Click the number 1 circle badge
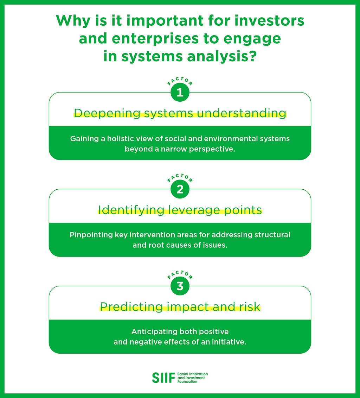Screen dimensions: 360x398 coord(180,93)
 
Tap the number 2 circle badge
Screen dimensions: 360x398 coord(180,189)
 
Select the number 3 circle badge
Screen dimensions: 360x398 coord(180,286)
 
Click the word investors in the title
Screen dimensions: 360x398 coord(269,20)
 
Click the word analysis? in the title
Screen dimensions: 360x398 coord(222,56)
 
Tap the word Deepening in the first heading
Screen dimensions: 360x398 coord(107,113)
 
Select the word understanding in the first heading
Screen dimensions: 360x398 coord(242,113)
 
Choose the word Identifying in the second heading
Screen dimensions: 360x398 coord(131,210)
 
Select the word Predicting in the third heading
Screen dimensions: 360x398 coord(131,307)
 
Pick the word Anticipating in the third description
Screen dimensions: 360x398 coord(154,332)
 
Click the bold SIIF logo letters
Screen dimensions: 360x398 coord(163,378)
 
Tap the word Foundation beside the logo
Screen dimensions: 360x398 coord(187,381)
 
